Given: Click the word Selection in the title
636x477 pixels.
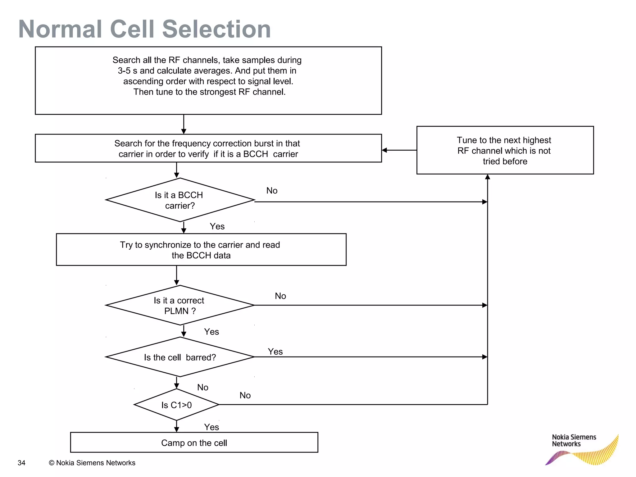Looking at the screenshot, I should click(x=216, y=29).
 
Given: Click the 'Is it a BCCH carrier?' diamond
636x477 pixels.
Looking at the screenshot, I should click(x=180, y=200).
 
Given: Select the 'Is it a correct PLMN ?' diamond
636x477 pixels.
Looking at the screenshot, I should click(x=180, y=305).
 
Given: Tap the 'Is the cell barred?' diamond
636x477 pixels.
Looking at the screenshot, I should click(x=180, y=357).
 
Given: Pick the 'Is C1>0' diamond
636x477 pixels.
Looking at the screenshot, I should click(x=176, y=405).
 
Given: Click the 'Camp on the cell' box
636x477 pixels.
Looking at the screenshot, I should click(x=194, y=443).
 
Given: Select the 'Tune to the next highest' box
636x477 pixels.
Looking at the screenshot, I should click(x=505, y=150).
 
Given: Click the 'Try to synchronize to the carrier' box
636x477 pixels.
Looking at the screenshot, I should click(x=201, y=250).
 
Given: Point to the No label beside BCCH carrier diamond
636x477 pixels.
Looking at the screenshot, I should click(x=272, y=191).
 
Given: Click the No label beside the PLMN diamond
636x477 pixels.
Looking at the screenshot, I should click(x=280, y=296).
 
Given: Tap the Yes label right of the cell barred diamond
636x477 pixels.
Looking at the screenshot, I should click(x=275, y=352).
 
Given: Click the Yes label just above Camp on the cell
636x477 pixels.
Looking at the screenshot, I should click(x=211, y=427).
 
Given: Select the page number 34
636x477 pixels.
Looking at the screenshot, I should click(x=21, y=463).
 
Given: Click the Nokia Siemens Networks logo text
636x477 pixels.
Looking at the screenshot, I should click(x=574, y=440).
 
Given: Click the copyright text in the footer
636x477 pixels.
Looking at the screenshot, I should click(x=92, y=463).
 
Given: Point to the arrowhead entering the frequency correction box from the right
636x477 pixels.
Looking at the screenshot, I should click(x=384, y=150).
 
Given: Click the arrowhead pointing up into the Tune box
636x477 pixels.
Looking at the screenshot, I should click(x=488, y=177).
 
